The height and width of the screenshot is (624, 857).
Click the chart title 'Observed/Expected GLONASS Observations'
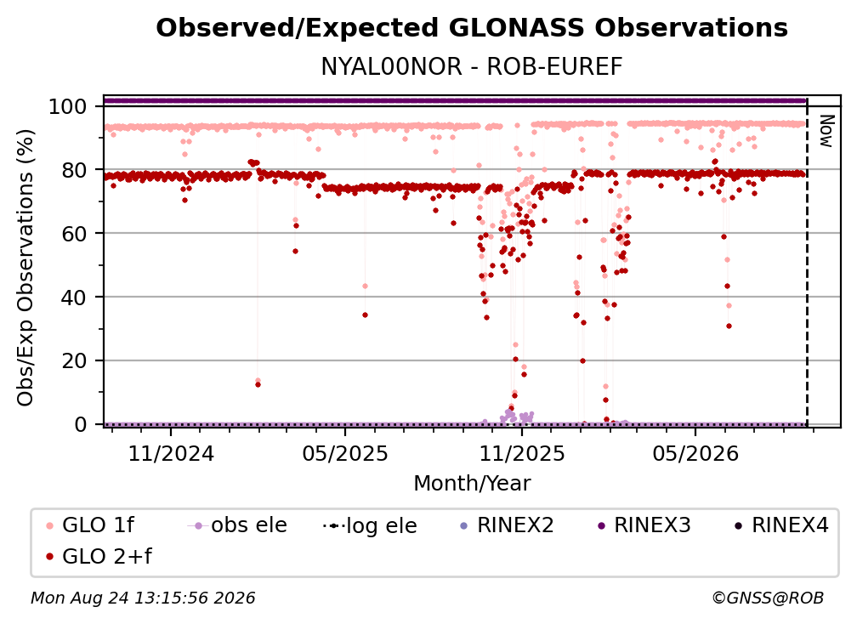click(472, 28)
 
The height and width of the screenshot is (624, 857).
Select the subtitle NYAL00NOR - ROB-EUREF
click(472, 66)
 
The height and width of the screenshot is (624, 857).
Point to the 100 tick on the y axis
click(68, 106)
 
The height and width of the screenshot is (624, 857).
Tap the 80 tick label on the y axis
click(74, 170)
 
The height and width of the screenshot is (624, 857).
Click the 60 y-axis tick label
click(74, 234)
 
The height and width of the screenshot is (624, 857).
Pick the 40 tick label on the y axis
click(74, 298)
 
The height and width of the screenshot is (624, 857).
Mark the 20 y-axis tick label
click(74, 361)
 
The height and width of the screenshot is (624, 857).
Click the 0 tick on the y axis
click(81, 424)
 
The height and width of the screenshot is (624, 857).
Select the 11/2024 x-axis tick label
click(171, 453)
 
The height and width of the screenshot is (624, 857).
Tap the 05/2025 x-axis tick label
click(345, 453)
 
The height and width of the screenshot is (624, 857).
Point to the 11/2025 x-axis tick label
click(522, 453)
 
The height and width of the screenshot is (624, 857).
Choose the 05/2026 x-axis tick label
click(695, 453)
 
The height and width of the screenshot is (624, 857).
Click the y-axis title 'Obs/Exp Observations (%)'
click(26, 267)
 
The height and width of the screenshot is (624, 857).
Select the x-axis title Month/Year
click(472, 483)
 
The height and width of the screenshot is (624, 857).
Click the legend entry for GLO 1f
click(91, 525)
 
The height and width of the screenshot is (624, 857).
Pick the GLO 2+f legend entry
click(99, 556)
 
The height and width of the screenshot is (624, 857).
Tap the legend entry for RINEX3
click(644, 525)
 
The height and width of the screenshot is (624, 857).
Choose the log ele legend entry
click(370, 525)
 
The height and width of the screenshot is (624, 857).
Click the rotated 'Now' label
click(826, 131)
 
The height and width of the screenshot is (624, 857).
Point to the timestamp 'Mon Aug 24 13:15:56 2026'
click(143, 598)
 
